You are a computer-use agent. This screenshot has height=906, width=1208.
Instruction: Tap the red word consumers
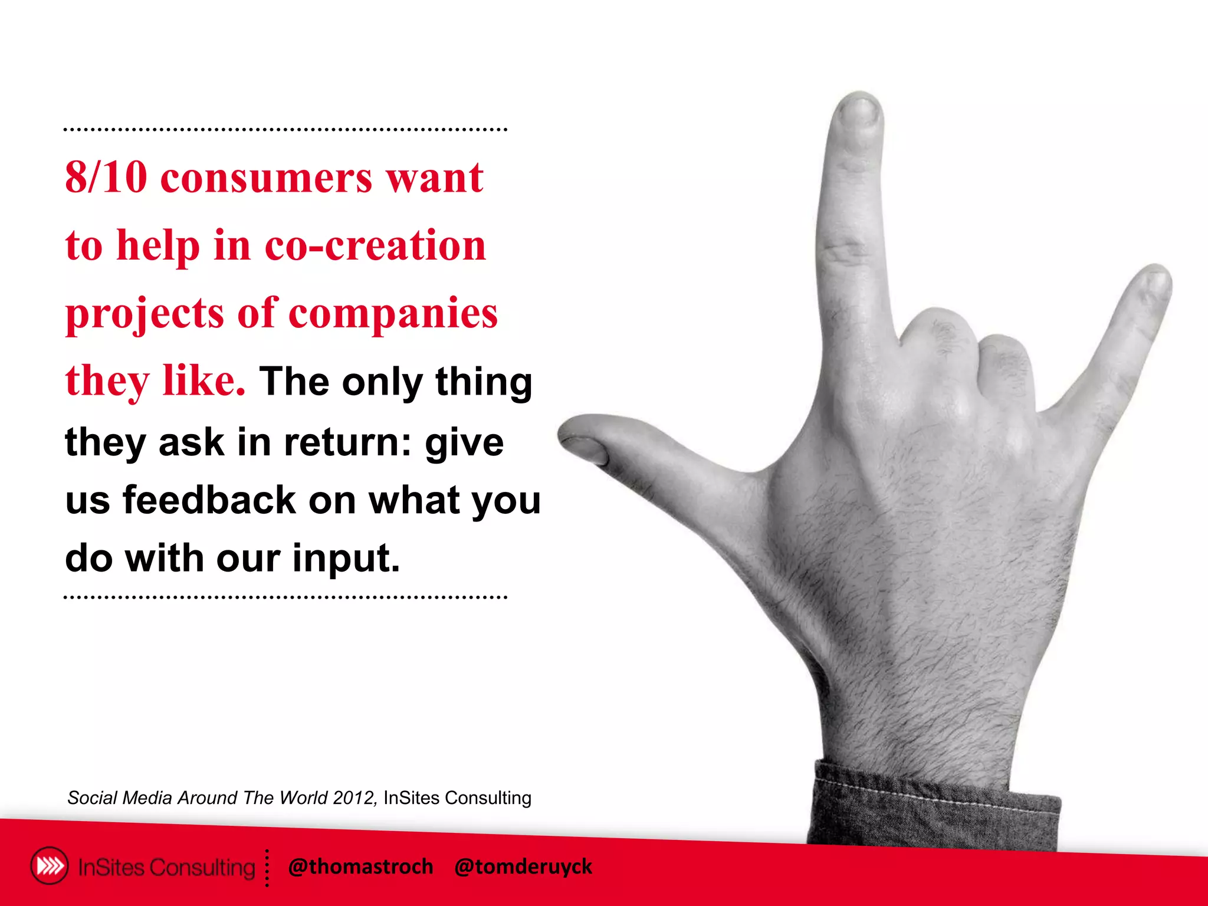click(x=267, y=179)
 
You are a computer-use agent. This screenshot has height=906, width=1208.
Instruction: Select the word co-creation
click(x=375, y=245)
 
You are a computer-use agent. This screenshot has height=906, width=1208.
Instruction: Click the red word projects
click(x=145, y=314)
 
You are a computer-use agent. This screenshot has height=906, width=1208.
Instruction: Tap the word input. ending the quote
click(x=346, y=559)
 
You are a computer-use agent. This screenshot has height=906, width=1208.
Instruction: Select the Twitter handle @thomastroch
click(x=360, y=866)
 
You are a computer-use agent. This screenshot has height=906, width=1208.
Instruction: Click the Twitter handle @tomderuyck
click(x=523, y=866)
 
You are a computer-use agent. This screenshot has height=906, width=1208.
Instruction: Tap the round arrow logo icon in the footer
click(x=50, y=866)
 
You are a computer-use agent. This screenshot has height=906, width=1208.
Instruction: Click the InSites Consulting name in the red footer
click(x=166, y=867)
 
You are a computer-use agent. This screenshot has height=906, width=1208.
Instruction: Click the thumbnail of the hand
click(x=587, y=448)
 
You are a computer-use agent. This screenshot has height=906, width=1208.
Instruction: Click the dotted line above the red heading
click(x=285, y=129)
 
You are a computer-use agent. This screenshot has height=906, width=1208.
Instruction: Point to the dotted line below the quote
click(x=285, y=598)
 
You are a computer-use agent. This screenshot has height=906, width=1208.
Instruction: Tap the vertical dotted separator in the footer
click(x=267, y=868)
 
